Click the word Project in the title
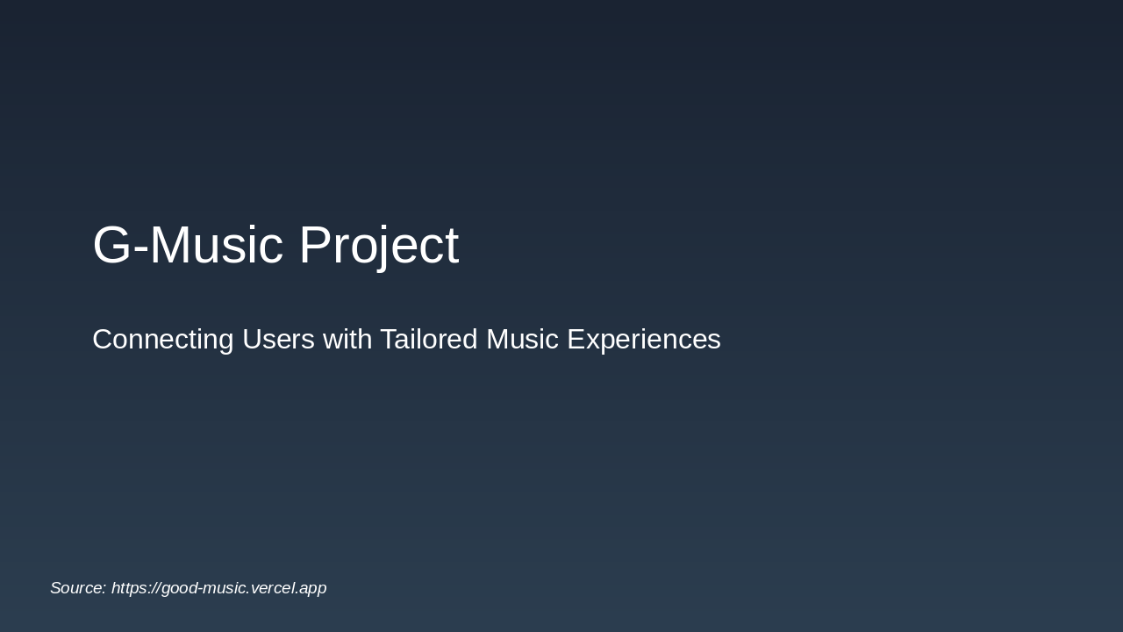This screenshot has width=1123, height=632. click(378, 246)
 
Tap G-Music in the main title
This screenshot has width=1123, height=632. click(188, 246)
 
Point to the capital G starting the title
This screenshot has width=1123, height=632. click(111, 246)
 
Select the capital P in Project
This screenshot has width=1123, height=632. click(315, 246)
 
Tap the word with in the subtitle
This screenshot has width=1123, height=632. click(347, 340)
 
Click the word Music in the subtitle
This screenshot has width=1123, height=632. click(522, 340)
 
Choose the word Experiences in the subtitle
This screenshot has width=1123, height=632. click(644, 340)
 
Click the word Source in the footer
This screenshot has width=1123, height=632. click(77, 588)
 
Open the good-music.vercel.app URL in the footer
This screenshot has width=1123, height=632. click(218, 588)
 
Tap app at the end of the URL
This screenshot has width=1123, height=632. click(312, 589)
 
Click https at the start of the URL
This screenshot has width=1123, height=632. click(129, 588)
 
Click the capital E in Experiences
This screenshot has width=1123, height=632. click(576, 340)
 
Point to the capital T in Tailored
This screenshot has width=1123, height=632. click(389, 340)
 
